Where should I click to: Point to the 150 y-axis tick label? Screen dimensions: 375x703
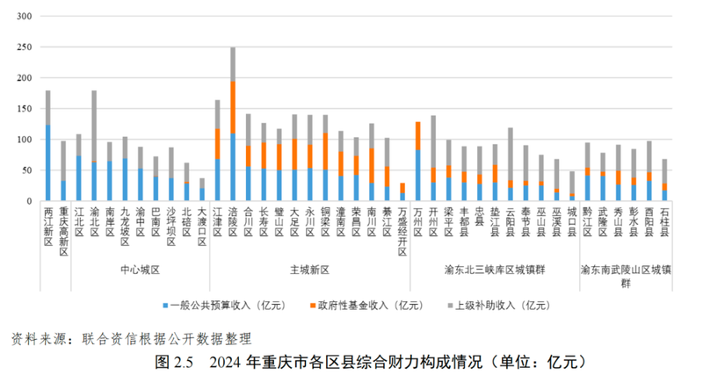(23, 109)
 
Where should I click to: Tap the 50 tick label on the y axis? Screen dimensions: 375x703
(25, 170)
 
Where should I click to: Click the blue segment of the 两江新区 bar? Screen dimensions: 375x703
(47, 162)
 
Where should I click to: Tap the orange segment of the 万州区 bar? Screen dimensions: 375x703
(417, 136)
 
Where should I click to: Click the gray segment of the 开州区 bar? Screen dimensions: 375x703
(433, 141)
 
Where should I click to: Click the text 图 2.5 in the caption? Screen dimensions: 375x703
(175, 361)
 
